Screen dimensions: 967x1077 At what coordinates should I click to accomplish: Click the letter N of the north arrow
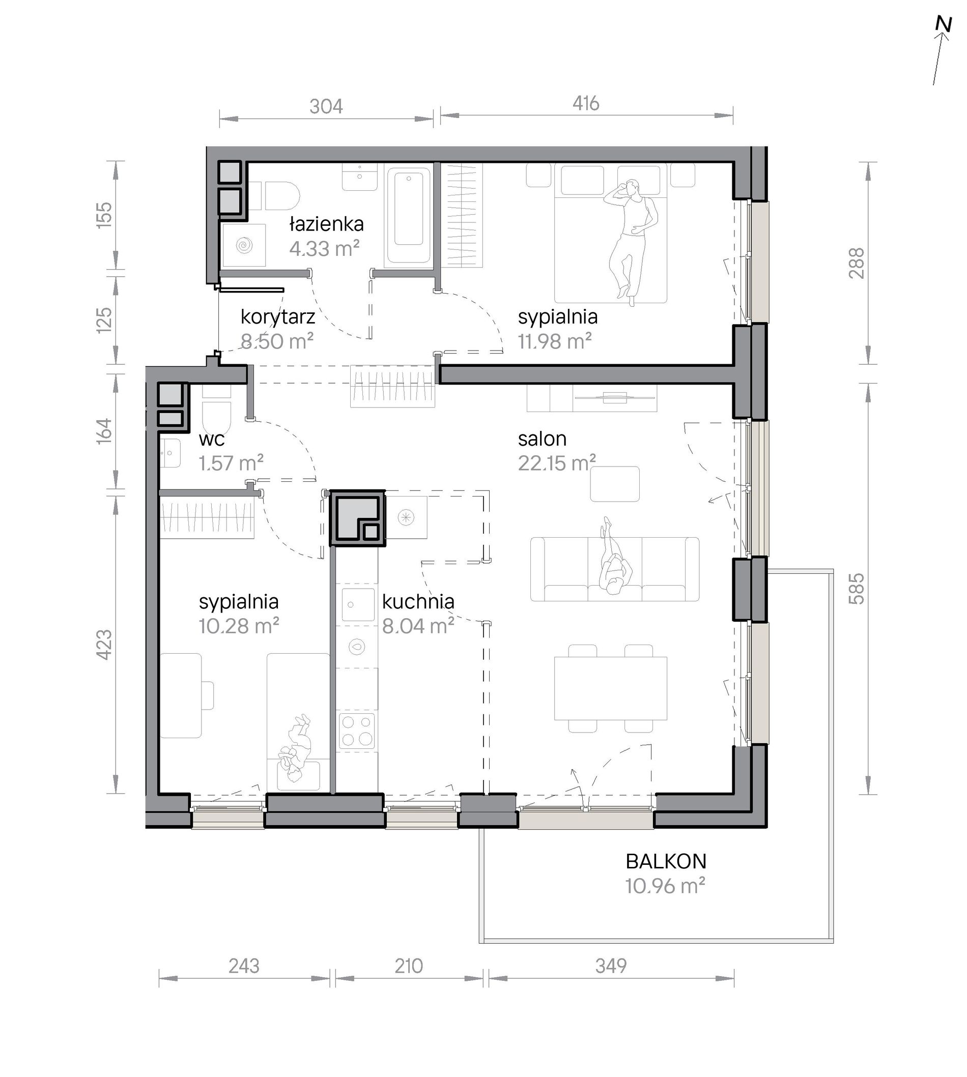pos(943,25)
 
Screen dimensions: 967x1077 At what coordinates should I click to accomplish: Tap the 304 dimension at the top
pos(326,107)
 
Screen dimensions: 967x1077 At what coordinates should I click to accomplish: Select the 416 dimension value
pos(585,103)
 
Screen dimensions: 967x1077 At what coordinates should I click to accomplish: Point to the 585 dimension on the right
pos(856,589)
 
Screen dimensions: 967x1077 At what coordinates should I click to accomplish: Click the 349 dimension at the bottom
pos(611,966)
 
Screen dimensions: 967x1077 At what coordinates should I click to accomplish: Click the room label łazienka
pos(326,224)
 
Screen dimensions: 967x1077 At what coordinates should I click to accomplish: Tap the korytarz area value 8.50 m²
pos(277,341)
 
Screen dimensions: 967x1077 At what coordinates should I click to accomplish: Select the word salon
pos(542,439)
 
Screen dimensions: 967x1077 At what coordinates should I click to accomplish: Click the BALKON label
pos(666,861)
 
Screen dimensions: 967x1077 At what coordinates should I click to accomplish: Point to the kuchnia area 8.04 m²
pos(418,626)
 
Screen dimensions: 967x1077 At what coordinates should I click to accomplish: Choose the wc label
pos(211,440)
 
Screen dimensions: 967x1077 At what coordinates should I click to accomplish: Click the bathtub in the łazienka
pos(408,216)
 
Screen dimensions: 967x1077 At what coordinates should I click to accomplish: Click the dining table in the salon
pos(611,688)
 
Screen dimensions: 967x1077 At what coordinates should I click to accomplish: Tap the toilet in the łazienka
pos(274,196)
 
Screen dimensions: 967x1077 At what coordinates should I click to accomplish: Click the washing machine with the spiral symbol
pos(244,245)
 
